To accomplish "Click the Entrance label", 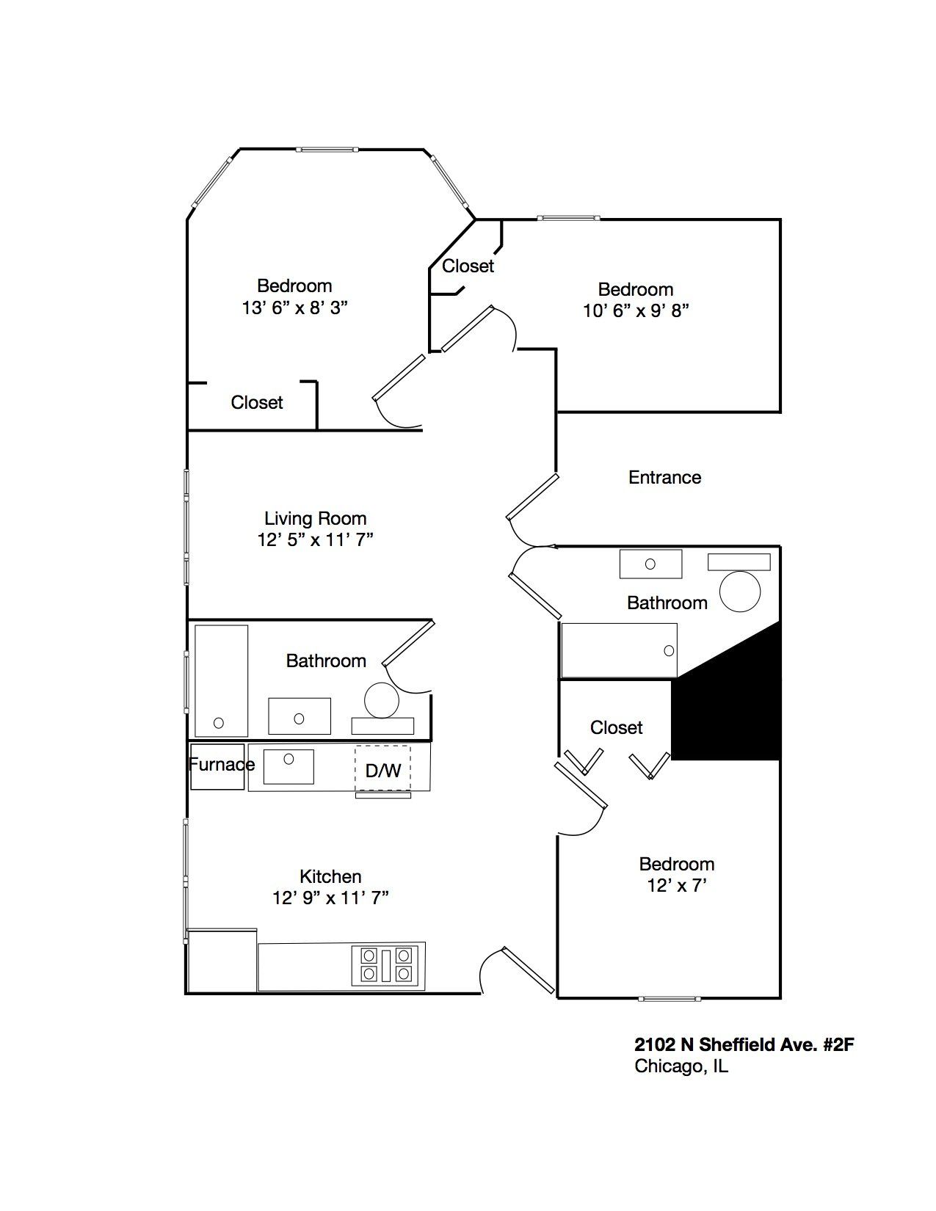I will click(664, 478).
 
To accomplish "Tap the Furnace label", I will click(221, 765).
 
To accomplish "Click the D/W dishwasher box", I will click(383, 769).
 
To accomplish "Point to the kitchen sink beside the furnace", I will click(289, 766).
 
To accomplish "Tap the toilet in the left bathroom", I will click(381, 700).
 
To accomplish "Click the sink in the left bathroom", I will click(299, 716).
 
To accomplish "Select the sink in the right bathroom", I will click(650, 564).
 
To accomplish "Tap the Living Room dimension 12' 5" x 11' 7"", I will click(316, 540).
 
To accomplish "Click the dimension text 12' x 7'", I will click(676, 886).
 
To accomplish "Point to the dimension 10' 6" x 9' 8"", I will click(636, 310).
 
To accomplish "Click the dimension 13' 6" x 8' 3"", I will click(294, 308).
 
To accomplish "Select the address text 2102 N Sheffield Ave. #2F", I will click(744, 1044).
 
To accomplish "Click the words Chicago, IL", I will click(681, 1066).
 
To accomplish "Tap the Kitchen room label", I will click(330, 876).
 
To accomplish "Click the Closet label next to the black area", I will click(616, 727).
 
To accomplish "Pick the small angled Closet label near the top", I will click(468, 266).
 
